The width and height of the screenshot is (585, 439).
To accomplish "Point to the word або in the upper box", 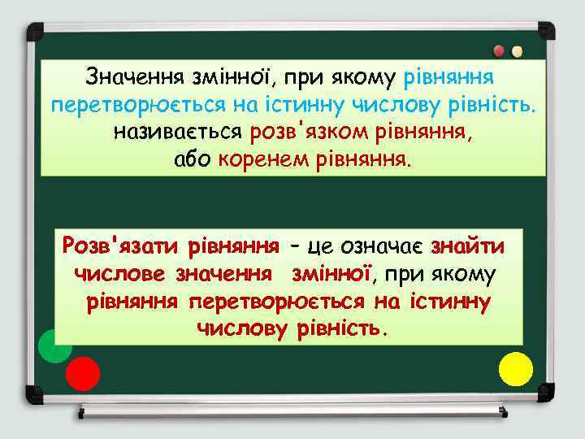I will pyautogui.click(x=193, y=158).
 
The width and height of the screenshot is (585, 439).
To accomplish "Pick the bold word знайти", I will pyautogui.click(x=467, y=246).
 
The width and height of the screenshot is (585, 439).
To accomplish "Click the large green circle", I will pyautogui.click(x=55, y=346).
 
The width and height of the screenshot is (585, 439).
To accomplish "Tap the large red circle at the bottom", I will pyautogui.click(x=83, y=373).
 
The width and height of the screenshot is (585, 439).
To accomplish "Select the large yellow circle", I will pyautogui.click(x=515, y=368).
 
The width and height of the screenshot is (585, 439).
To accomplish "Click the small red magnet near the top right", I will pyautogui.click(x=498, y=50).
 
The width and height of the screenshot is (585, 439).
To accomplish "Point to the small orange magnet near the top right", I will pyautogui.click(x=517, y=51).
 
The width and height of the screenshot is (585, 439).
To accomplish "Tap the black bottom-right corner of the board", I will pyautogui.click(x=546, y=394).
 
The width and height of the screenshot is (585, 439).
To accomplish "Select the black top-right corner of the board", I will pyautogui.click(x=546, y=31).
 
